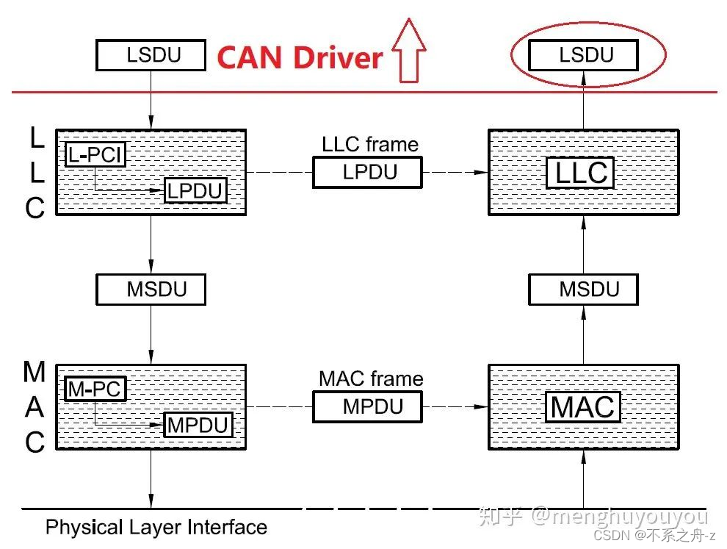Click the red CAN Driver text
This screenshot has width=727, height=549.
[x=300, y=57]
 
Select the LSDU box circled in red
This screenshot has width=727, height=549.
[x=584, y=55]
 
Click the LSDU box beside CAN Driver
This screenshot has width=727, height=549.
[x=151, y=55]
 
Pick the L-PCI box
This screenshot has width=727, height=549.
[x=95, y=154]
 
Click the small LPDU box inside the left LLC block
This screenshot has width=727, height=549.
[x=195, y=190]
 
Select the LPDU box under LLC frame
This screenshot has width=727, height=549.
[x=368, y=173]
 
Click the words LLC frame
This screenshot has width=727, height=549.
[x=370, y=144]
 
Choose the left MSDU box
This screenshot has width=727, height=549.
[x=151, y=289]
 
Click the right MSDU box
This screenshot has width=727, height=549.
[x=584, y=289]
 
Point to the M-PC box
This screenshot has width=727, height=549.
[x=95, y=388]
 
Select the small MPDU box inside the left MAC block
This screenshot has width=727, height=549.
[x=198, y=425]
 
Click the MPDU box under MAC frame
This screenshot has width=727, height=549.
[x=368, y=406]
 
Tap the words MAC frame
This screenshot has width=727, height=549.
[x=371, y=378]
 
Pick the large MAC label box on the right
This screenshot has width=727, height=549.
[x=583, y=406]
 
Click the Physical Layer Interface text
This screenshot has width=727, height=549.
[x=156, y=527]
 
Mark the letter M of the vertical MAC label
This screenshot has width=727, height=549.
[x=35, y=372]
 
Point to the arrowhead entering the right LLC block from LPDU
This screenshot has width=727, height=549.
[x=481, y=173]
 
